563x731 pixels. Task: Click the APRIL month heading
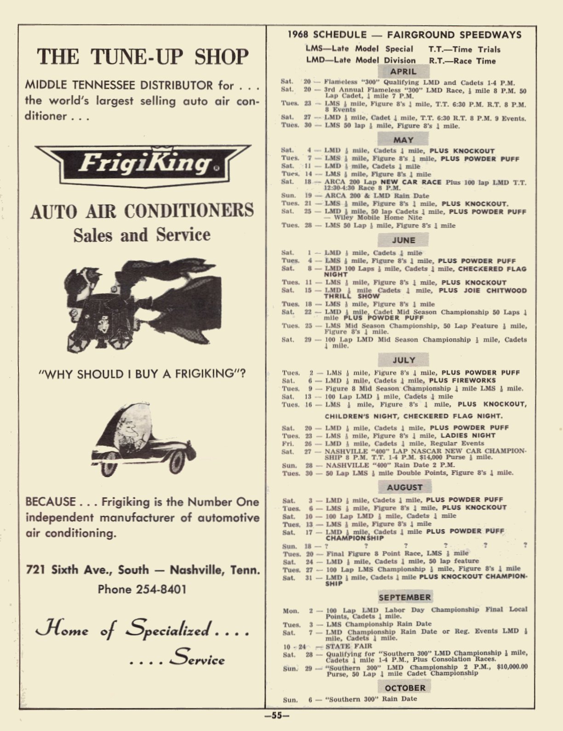click(403, 71)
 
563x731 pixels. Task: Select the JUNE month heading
click(403, 240)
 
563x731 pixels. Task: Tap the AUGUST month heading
click(404, 487)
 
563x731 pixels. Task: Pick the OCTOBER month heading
click(405, 688)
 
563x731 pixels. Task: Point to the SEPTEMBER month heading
click(405, 597)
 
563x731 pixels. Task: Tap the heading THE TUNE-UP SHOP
click(143, 56)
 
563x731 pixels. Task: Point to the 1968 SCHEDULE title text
click(327, 35)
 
